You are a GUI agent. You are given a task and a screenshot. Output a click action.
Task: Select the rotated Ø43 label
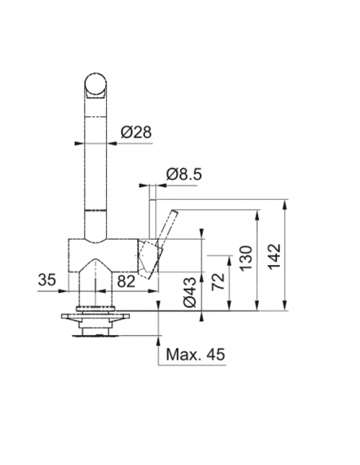pyautogui.click(x=190, y=291)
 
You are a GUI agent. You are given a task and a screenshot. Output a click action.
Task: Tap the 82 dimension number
pyautogui.click(x=126, y=279)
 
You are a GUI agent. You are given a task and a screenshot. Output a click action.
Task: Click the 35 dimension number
pyautogui.click(x=49, y=279)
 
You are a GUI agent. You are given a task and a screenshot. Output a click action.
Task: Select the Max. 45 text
pyautogui.click(x=193, y=353)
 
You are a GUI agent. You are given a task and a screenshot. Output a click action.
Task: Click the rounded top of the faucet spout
pyautogui.click(x=96, y=83)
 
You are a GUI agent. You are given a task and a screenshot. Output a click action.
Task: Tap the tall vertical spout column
pyautogui.click(x=96, y=159)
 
